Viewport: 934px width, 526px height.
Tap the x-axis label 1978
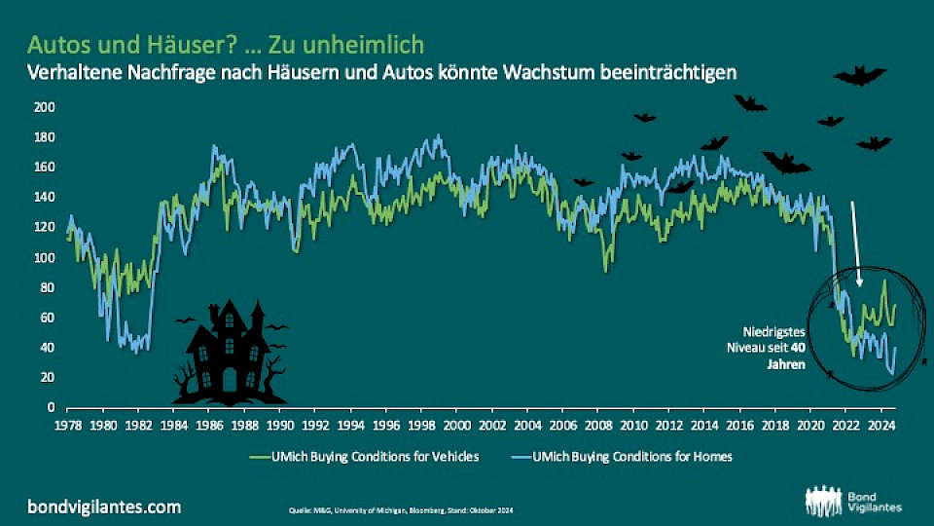tap(67, 426)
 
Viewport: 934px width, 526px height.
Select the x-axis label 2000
tap(456, 426)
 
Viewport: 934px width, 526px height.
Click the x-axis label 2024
tap(880, 426)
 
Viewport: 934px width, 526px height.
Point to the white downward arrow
tap(855, 244)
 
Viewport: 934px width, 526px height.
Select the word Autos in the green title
tap(54, 44)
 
